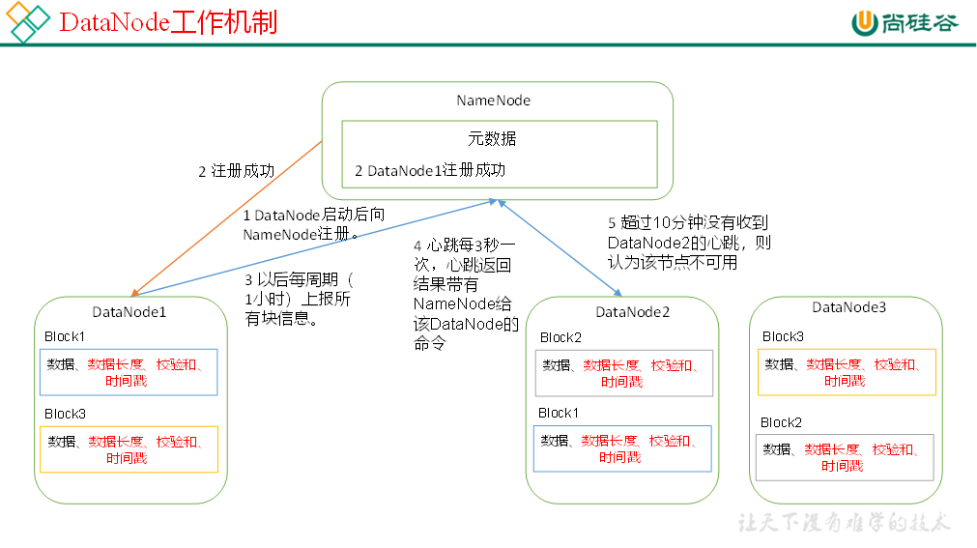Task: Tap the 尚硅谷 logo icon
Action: [864, 22]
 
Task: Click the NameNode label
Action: [493, 101]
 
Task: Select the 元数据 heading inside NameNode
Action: [493, 138]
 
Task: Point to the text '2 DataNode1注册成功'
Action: [430, 170]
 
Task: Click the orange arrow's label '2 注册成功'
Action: [237, 171]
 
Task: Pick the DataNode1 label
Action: [129, 311]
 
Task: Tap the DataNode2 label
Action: [633, 311]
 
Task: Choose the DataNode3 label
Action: [848, 307]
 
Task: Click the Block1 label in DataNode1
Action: [65, 336]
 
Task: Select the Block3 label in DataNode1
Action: [65, 414]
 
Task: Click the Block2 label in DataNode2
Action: [560, 337]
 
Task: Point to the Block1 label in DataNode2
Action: [559, 413]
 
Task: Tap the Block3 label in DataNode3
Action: [783, 336]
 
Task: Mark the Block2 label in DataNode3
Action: [781, 422]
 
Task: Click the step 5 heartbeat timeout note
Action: [688, 243]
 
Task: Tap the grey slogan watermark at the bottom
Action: [845, 523]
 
